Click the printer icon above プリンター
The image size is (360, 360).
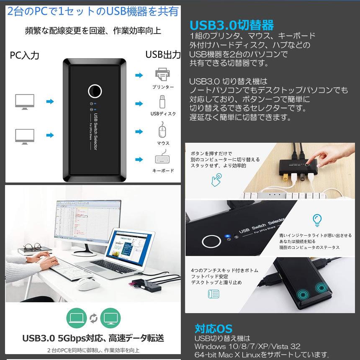(162, 75)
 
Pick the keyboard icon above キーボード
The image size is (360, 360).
(162, 159)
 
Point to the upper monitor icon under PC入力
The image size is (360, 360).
(24, 101)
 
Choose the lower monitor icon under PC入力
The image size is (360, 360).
(24, 136)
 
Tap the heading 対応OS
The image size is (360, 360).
(213, 328)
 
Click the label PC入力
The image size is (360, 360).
(25, 55)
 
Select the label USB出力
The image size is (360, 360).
(163, 54)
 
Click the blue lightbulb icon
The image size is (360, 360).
(317, 219)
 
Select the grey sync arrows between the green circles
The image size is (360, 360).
(93, 318)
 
